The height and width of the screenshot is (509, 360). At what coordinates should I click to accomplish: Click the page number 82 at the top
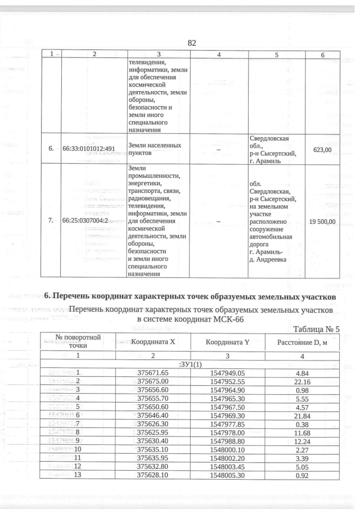pos(191,43)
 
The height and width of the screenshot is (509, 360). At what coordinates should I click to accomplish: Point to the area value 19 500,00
pos(322,222)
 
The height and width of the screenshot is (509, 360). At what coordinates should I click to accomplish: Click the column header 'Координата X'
pos(153,341)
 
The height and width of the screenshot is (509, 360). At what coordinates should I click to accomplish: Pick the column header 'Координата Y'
pos(228,341)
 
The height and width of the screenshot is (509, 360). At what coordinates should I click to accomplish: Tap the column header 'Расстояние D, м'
pos(303,341)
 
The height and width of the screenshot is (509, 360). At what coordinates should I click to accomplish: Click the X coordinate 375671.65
pos(153,373)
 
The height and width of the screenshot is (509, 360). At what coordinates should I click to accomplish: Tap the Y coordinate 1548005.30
pos(228,475)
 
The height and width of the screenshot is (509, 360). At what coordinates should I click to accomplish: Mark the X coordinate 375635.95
pos(153,458)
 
